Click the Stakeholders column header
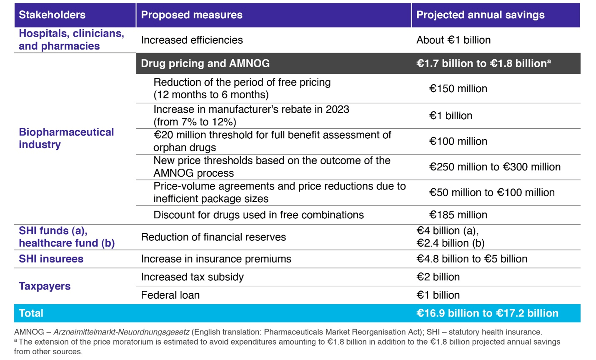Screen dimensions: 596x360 (52, 15)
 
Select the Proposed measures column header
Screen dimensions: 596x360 (192, 15)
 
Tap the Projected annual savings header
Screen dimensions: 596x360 (480, 15)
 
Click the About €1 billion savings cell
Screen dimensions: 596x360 (453, 40)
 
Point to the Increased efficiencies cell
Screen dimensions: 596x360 (192, 40)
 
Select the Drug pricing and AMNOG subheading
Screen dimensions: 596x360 (205, 63)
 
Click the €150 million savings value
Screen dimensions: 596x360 (458, 89)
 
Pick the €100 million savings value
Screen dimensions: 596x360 (458, 141)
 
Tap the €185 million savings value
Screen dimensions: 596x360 (458, 215)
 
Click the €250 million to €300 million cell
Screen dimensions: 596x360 (495, 167)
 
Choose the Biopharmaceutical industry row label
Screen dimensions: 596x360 (66, 138)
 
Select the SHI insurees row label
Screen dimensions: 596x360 (51, 259)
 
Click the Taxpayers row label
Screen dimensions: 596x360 (45, 286)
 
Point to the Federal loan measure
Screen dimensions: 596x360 (170, 295)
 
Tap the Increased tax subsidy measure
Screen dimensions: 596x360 (193, 277)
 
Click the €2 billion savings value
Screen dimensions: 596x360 (438, 277)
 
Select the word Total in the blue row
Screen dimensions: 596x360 (31, 313)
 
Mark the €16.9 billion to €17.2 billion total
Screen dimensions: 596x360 (487, 313)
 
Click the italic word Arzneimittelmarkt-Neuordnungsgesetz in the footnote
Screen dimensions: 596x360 (122, 332)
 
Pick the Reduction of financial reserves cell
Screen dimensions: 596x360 (213, 237)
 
